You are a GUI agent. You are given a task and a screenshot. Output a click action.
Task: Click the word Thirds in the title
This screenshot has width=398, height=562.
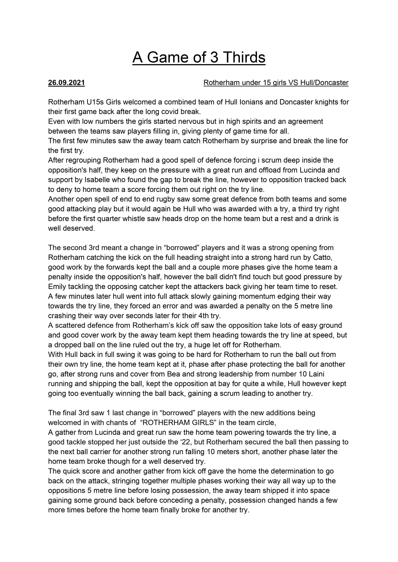tap(244, 58)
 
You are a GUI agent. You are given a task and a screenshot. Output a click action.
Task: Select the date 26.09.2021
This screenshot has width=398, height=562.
tap(66, 83)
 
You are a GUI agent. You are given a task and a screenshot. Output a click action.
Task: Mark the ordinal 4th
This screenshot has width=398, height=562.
tap(201, 316)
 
